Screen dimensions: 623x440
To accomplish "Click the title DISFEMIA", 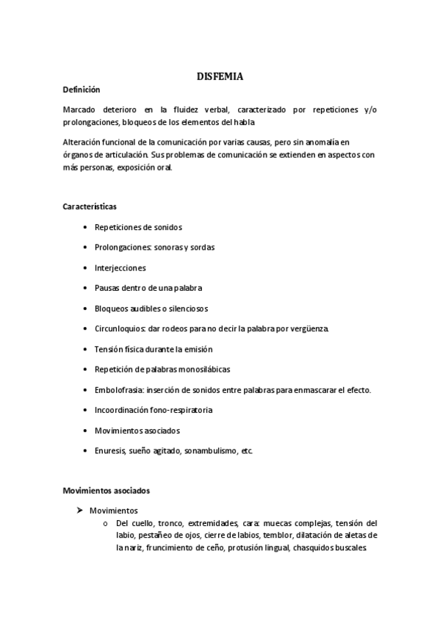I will click(220, 76).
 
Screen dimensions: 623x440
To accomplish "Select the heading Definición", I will click(81, 89).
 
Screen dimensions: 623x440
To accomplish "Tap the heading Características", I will click(89, 206).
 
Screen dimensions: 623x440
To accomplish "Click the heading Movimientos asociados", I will click(107, 489).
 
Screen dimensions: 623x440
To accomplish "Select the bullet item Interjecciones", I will click(120, 268).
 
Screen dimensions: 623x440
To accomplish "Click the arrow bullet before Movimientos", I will click(80, 510).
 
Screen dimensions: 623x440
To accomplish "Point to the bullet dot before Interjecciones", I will click(86, 268).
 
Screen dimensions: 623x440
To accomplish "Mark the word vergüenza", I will click(311, 328).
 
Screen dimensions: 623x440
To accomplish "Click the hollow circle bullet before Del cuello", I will click(106, 523).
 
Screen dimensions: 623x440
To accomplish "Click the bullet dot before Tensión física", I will click(86, 349).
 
